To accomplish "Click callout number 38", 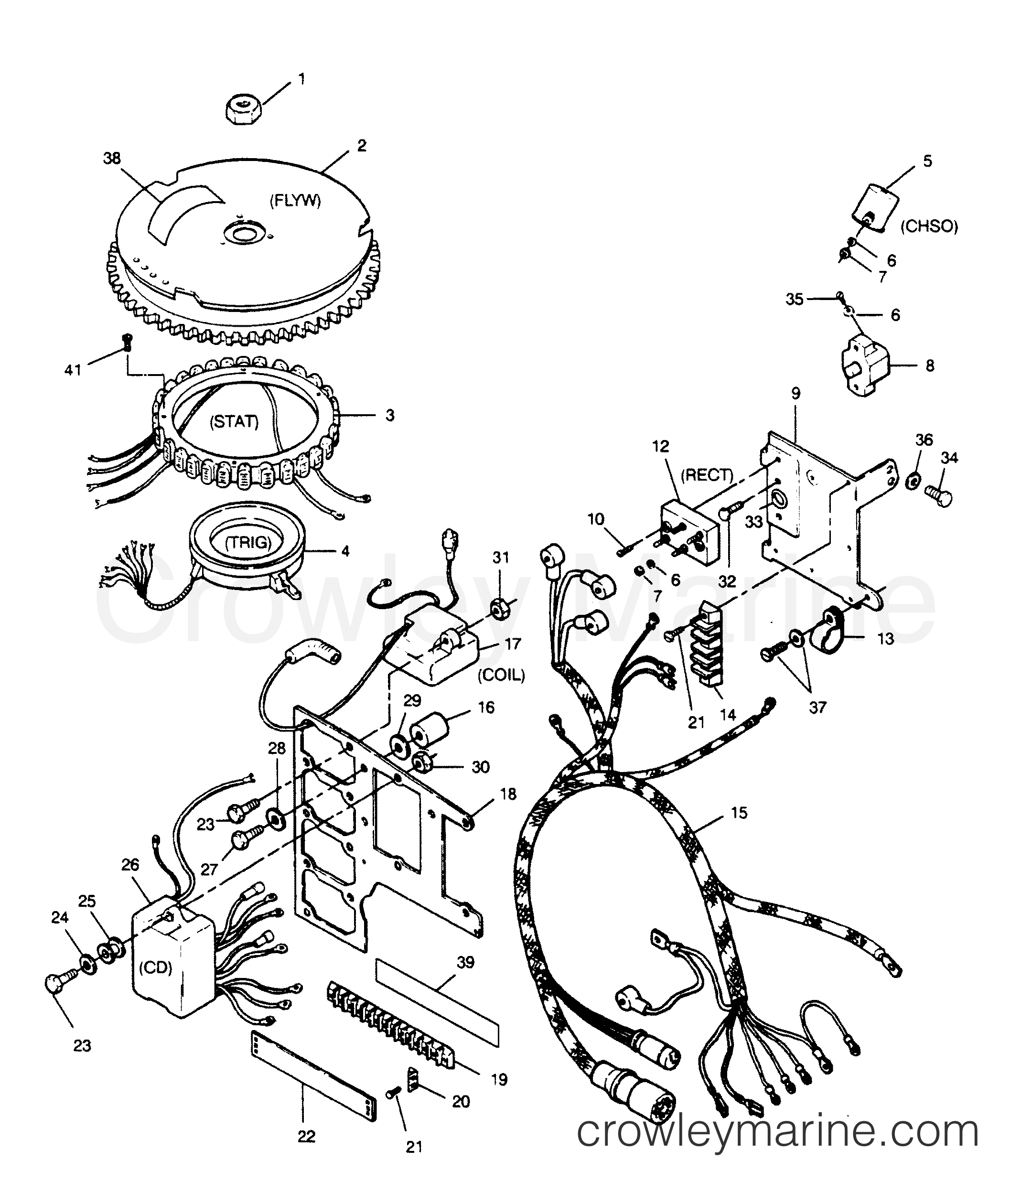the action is (112, 158).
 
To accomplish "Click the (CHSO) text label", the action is (929, 226).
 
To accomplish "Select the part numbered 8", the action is (861, 365).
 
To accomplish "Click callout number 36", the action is (923, 440).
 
